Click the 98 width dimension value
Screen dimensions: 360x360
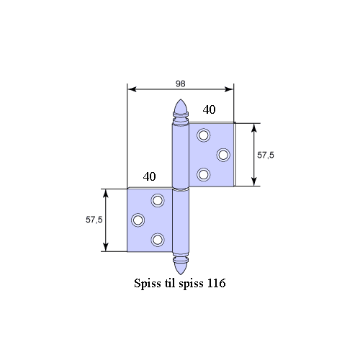181,84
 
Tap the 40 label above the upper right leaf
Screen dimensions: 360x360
209,110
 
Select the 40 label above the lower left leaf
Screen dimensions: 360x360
149,176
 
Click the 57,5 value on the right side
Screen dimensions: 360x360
266,156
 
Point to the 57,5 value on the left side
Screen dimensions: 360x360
94,220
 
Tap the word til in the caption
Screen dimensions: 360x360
170,283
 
